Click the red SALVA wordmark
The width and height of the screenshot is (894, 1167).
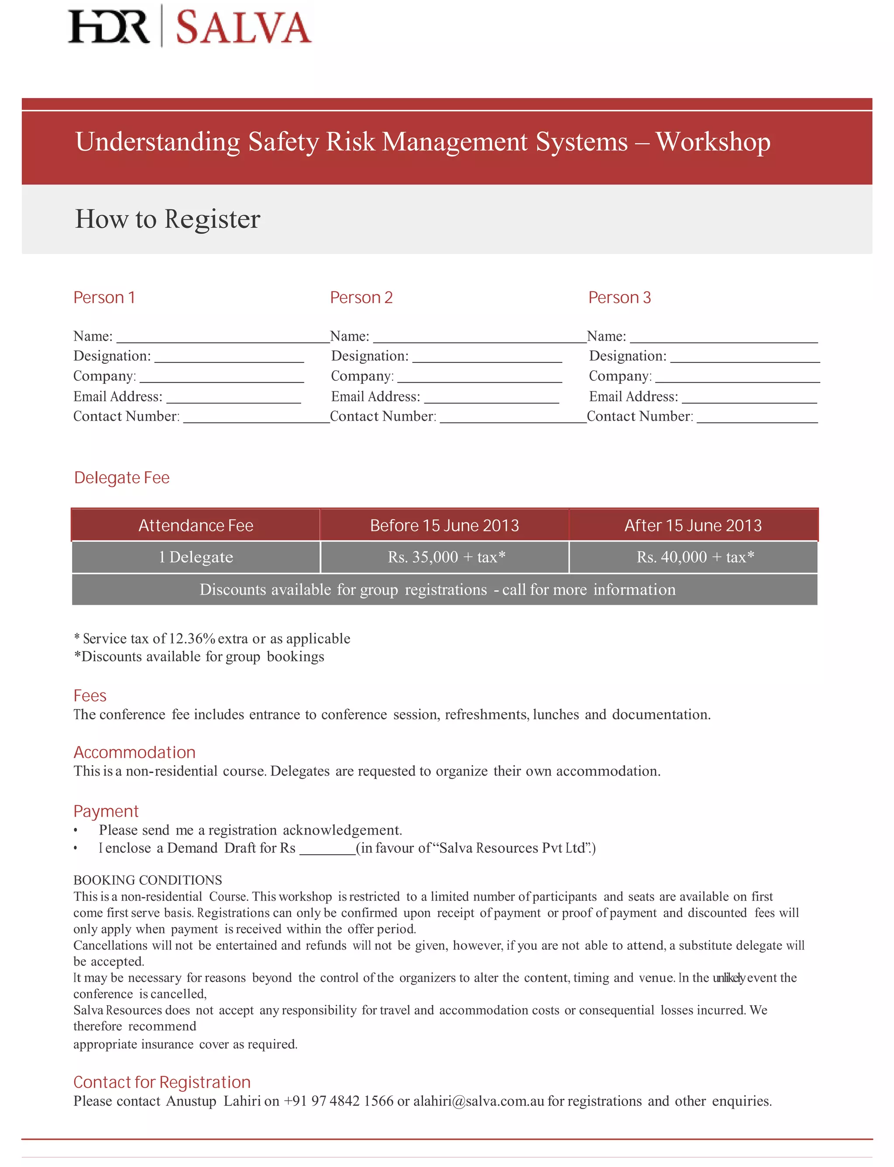[243, 27]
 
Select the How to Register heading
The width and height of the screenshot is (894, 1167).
[168, 219]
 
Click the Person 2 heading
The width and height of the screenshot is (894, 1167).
[361, 298]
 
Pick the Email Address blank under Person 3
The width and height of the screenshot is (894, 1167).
[749, 400]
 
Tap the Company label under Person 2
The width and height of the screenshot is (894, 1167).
[362, 376]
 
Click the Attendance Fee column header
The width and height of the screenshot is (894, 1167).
[196, 526]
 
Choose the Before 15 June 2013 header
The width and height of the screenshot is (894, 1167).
[444, 526]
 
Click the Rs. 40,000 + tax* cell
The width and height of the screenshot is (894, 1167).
[695, 557]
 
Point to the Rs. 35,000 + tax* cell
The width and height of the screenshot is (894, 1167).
[446, 557]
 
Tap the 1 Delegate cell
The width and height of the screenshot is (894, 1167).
[196, 557]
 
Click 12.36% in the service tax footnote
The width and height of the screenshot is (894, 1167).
[192, 638]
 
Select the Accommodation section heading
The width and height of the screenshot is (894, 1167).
[134, 752]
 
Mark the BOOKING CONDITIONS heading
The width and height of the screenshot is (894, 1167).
[148, 880]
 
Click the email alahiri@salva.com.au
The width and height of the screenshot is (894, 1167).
[478, 1101]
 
